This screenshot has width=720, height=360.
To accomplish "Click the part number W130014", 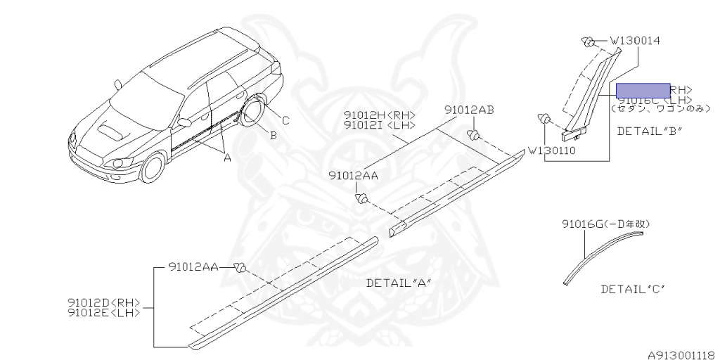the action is [634, 41].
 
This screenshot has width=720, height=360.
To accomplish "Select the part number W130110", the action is [552, 150].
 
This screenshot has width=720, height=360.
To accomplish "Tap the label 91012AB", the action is [469, 110].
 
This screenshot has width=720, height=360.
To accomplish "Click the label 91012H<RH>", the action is [380, 115].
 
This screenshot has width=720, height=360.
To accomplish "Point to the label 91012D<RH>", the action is [104, 303].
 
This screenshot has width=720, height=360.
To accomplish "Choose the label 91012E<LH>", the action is [104, 313].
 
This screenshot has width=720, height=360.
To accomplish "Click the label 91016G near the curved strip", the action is [605, 224].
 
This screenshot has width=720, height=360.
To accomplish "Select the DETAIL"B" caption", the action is [649, 131].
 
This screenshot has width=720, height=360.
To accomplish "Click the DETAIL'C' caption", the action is [633, 289].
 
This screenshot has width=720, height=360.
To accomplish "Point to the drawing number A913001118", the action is [681, 354].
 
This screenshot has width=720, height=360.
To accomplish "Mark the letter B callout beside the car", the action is [273, 135].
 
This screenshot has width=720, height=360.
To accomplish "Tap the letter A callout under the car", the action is [226, 158].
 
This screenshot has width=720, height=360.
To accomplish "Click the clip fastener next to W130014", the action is [588, 41].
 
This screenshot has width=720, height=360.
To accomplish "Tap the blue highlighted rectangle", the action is [643, 90].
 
